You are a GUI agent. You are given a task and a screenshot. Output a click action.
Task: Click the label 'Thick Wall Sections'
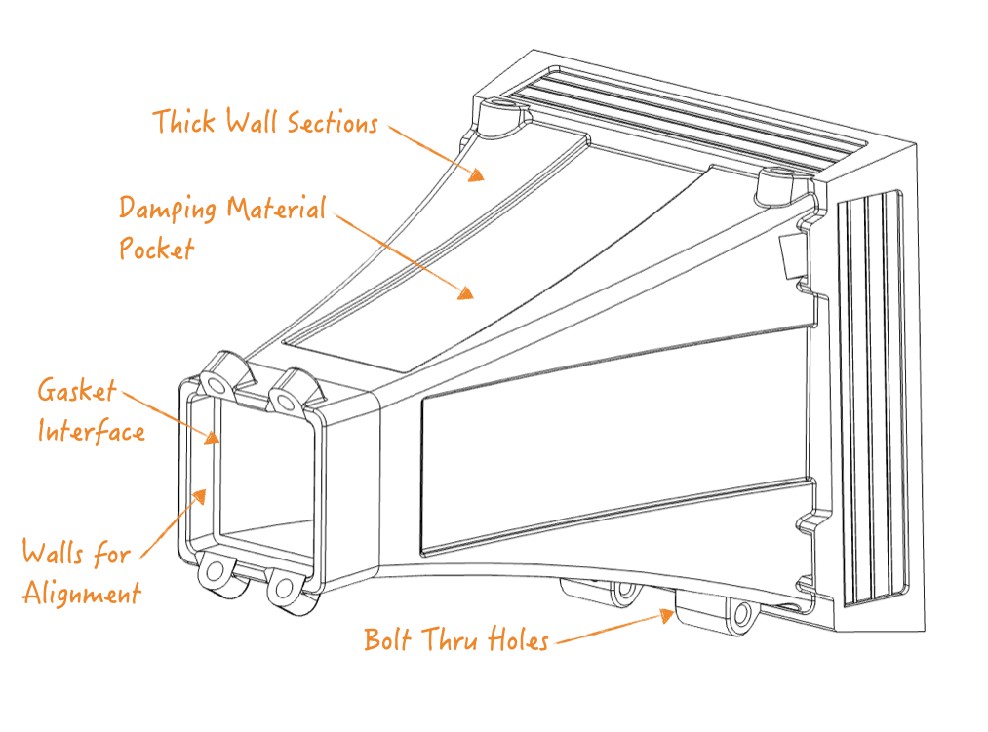(264, 123)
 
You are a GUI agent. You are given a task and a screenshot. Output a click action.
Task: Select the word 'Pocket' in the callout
(157, 249)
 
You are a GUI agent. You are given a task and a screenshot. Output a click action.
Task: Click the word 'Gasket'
(77, 391)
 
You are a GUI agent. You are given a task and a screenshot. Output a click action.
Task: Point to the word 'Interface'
(92, 431)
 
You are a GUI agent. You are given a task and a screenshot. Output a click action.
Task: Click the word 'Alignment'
(82, 593)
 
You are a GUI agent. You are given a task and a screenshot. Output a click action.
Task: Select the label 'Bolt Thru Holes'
(455, 640)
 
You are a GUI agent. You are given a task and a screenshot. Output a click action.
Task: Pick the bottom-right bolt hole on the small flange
(284, 588)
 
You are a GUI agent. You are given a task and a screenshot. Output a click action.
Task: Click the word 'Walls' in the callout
(55, 553)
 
